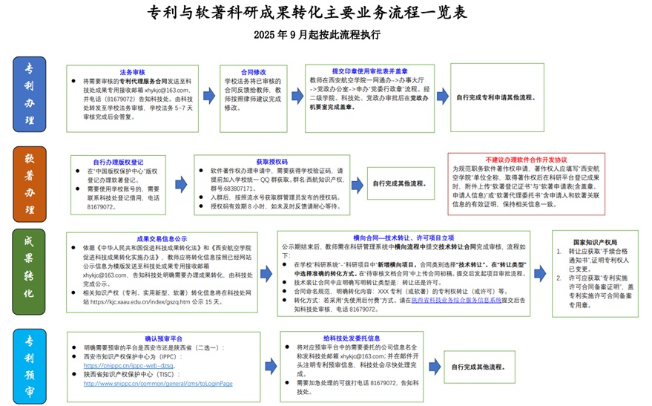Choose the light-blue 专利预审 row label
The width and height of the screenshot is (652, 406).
[29, 363]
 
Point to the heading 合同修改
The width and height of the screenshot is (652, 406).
[253, 72]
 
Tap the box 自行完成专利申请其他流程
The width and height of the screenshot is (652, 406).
[495, 97]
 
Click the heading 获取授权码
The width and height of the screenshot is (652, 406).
[271, 161]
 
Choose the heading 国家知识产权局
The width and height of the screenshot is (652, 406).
[595, 242]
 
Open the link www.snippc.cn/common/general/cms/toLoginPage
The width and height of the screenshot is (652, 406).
[158, 384]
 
